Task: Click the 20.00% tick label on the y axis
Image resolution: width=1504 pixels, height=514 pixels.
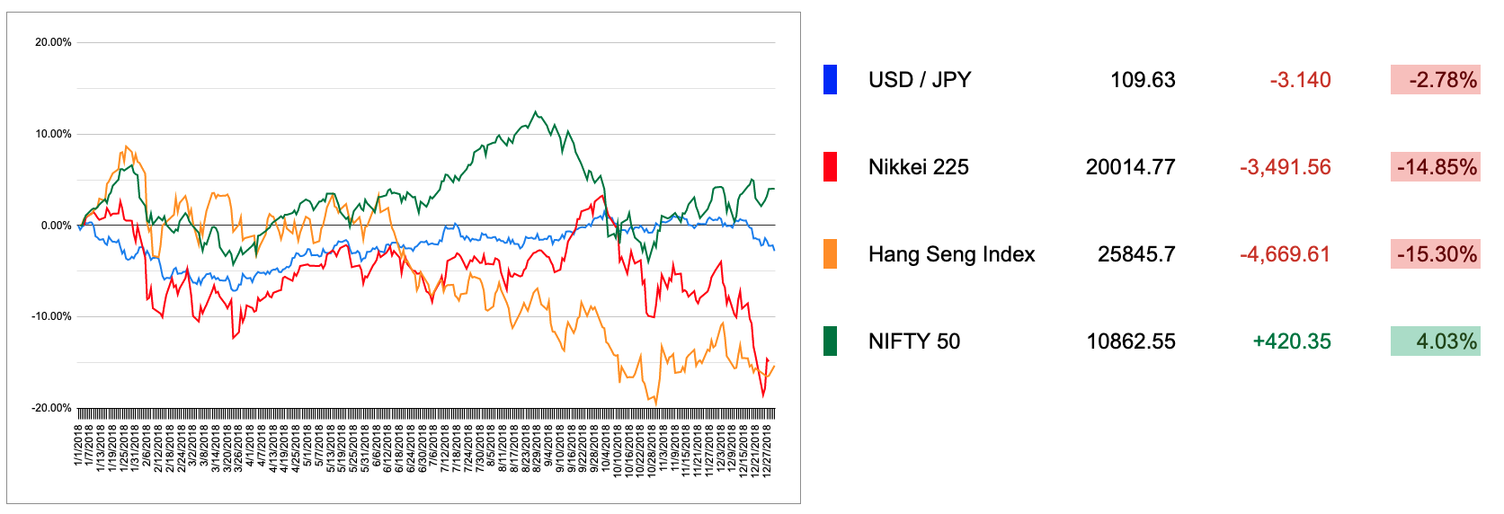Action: point(53,42)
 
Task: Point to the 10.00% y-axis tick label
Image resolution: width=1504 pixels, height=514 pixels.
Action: point(53,134)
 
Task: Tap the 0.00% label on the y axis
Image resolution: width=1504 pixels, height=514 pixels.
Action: point(56,226)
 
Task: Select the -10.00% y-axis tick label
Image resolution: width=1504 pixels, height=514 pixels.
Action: point(52,316)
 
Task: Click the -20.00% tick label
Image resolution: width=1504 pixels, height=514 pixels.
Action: point(52,408)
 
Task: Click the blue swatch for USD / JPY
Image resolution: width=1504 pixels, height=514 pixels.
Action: point(830,80)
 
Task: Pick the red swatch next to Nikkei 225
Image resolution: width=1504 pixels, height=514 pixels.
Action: point(830,167)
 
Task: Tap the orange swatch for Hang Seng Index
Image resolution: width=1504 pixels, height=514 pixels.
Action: point(830,254)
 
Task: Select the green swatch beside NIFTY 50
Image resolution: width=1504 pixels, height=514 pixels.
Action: point(830,341)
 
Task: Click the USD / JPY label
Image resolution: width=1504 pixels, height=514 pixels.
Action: point(919,80)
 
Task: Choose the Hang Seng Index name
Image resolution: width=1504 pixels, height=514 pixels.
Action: point(951,254)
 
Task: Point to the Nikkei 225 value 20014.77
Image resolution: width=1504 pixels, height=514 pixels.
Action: point(1130,167)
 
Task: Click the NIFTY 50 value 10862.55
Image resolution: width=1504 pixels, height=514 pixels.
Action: point(1130,341)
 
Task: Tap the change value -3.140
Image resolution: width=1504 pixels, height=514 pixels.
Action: point(1300,80)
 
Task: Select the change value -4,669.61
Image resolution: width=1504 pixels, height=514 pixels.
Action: point(1285,254)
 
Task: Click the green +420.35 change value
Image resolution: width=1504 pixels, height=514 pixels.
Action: point(1291,341)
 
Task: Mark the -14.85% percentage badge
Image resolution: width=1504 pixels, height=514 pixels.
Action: point(1435,167)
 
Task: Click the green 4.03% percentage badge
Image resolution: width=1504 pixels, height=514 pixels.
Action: point(1435,341)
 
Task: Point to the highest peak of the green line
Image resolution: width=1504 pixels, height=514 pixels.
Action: point(536,112)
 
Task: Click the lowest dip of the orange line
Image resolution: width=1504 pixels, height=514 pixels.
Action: point(655,403)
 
